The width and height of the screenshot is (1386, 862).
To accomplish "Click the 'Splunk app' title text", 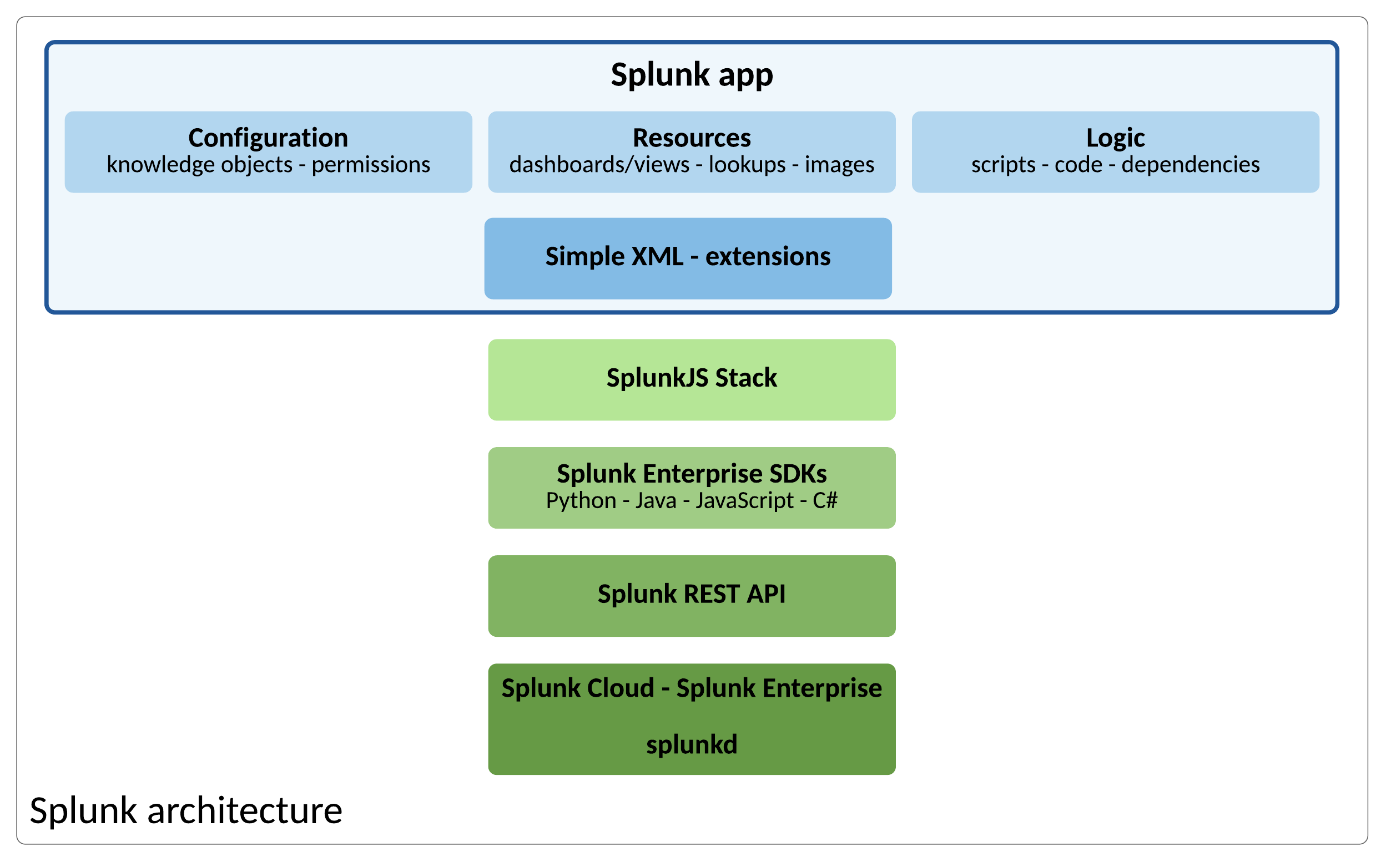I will coord(692,74).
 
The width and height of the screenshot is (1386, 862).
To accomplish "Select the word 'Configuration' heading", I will coord(268,138).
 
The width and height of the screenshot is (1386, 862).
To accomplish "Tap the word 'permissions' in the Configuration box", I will coord(371,165).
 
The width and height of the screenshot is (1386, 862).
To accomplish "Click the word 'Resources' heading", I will coord(692,138).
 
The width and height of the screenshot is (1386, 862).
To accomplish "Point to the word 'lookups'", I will coord(747,165).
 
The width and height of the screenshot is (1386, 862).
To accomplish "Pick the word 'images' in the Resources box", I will coord(839,165).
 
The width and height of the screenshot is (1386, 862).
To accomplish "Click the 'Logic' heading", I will coord(1115,138).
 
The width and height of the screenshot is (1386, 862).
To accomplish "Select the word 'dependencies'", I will coord(1191,165).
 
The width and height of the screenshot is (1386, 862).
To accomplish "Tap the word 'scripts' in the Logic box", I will coord(1003,165).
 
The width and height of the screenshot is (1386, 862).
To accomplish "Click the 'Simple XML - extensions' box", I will coord(688,258).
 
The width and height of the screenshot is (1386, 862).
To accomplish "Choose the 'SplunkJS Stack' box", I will coord(692,379).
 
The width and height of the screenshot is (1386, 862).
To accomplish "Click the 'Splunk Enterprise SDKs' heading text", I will coord(692,474).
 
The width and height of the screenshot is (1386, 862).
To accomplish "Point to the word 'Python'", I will coord(581,501).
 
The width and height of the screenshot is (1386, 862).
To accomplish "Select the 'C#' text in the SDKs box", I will coord(825,500).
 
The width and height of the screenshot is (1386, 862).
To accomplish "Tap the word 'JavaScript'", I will coord(744,501).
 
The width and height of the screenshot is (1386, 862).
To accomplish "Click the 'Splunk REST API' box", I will coord(692,595).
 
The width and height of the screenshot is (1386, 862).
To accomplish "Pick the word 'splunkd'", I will coord(692,744).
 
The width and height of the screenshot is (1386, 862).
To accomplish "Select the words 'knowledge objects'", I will coord(200,165).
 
